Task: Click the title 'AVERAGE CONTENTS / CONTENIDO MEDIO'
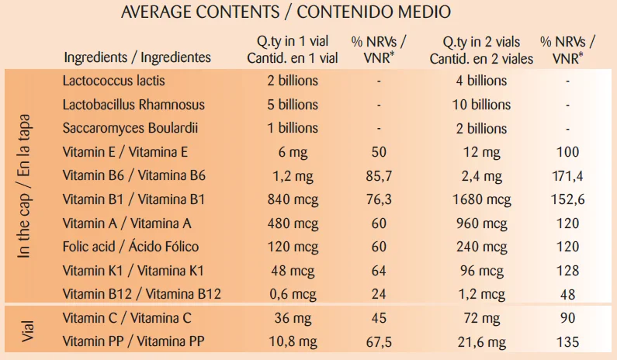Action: (x=286, y=13)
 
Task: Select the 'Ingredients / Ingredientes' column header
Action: (x=137, y=57)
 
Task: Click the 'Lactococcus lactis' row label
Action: (x=114, y=81)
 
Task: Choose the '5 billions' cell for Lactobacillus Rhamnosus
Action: (x=292, y=105)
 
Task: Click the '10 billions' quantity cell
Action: (x=481, y=105)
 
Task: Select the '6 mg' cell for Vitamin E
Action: (x=292, y=152)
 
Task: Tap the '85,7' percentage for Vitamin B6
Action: (x=379, y=176)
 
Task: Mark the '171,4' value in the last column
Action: (x=568, y=176)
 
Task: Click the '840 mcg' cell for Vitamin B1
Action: (x=292, y=199)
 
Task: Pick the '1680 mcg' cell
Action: (x=481, y=199)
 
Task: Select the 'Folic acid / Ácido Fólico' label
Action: (x=131, y=247)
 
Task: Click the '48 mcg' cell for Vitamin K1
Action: (x=292, y=271)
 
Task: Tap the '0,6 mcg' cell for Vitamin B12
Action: (x=292, y=294)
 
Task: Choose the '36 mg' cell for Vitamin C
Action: (x=292, y=318)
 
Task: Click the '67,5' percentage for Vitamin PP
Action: (x=379, y=341)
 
